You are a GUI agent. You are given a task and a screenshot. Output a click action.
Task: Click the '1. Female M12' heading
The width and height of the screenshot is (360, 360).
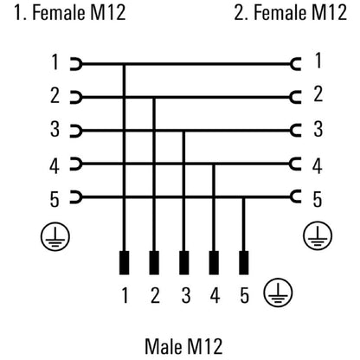click(x=70, y=12)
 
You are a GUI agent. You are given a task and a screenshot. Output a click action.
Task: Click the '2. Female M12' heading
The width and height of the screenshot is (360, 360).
click(x=291, y=12)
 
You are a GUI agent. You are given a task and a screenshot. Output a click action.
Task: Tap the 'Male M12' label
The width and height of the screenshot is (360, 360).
click(x=183, y=346)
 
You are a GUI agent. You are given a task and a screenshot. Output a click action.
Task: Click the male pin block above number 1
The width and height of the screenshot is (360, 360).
click(x=125, y=262)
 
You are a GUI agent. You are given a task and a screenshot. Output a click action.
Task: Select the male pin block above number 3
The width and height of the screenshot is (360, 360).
click(x=184, y=262)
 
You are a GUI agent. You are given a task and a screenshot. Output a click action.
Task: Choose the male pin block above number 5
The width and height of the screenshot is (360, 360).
click(x=244, y=262)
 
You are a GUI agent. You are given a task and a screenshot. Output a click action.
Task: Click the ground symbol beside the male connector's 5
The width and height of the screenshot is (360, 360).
click(x=278, y=293)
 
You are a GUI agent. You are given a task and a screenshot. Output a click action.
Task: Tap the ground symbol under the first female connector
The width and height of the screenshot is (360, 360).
click(x=55, y=236)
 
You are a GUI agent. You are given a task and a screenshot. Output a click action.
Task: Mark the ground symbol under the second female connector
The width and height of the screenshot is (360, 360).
click(x=318, y=235)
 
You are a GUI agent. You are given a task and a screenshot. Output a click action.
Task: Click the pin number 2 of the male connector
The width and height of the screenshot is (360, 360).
click(x=155, y=295)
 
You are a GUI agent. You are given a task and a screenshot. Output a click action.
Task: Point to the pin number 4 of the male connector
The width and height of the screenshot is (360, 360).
click(x=215, y=295)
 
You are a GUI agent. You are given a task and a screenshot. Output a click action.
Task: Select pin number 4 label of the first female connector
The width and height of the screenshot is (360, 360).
click(x=55, y=166)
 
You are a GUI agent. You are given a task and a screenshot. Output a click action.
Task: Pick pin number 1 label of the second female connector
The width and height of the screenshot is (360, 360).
click(x=318, y=61)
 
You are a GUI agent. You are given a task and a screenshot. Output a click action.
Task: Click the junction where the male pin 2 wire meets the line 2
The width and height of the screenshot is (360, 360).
click(x=154, y=98)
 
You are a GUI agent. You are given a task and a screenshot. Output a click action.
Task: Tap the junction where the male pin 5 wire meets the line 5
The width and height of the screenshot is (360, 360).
click(x=244, y=197)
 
